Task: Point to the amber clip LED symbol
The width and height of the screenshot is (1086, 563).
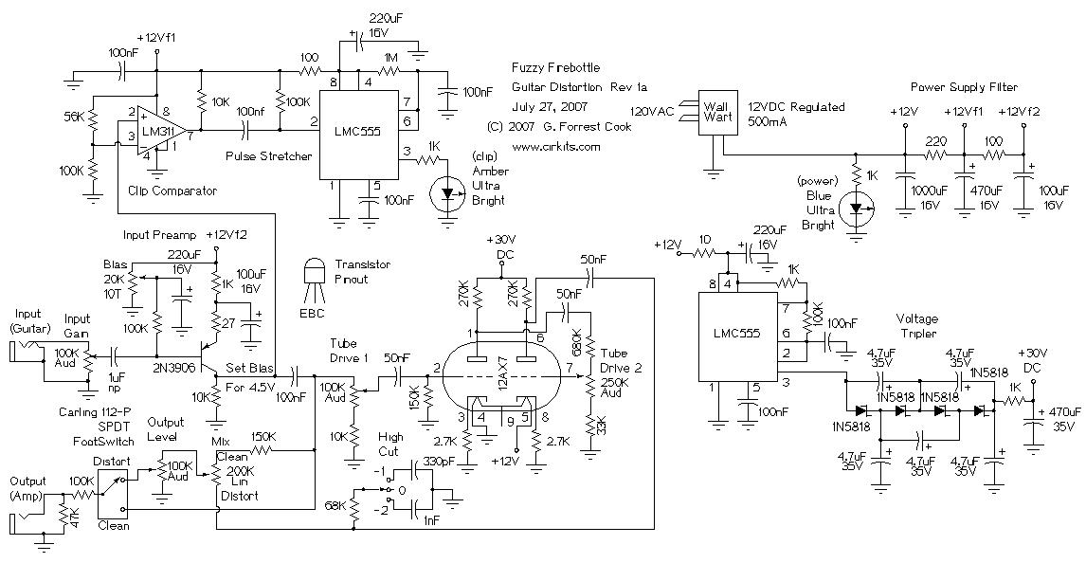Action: click(x=445, y=194)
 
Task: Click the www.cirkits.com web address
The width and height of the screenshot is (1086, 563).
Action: click(x=555, y=147)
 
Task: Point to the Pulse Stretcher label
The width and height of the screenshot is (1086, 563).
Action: click(x=269, y=155)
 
